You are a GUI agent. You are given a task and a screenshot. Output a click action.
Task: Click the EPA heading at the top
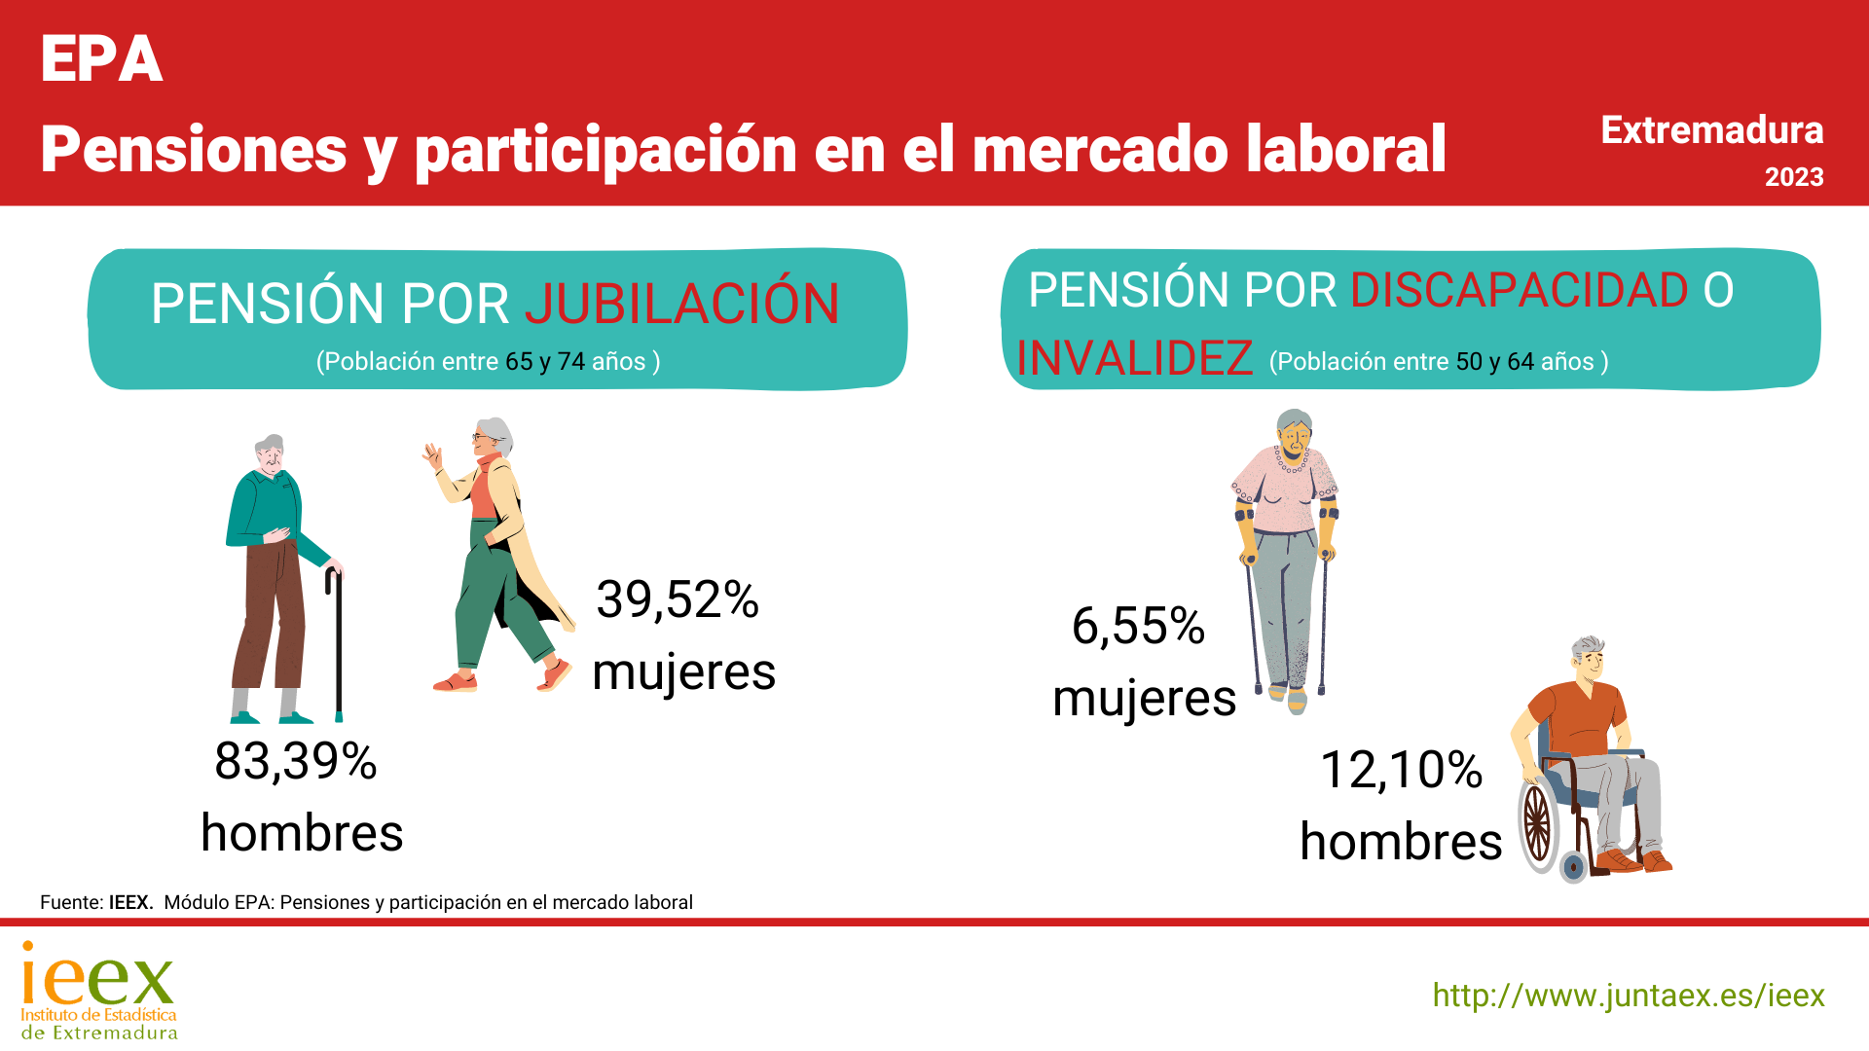101,59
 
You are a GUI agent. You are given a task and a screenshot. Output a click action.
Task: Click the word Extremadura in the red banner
1712,130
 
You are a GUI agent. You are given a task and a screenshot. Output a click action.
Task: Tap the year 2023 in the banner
1794,177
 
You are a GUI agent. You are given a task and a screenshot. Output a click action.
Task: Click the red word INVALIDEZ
1134,358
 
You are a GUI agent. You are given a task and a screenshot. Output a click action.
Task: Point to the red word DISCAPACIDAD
1519,290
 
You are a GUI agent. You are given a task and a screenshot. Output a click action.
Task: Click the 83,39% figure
296,761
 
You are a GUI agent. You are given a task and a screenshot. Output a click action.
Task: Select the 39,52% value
678,599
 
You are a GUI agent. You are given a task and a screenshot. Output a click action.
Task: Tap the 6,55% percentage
1138,626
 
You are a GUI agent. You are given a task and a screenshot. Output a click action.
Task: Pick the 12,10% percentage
1401,770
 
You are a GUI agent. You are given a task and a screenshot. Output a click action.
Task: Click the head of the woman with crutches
1295,434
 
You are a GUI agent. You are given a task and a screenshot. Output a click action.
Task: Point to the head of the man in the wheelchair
1589,660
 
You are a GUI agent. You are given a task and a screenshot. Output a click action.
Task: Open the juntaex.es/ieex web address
1629,996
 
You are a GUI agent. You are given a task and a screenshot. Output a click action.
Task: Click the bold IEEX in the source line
130,902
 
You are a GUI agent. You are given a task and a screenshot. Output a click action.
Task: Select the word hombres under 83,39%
302,833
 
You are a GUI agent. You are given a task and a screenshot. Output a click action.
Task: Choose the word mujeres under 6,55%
1145,699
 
